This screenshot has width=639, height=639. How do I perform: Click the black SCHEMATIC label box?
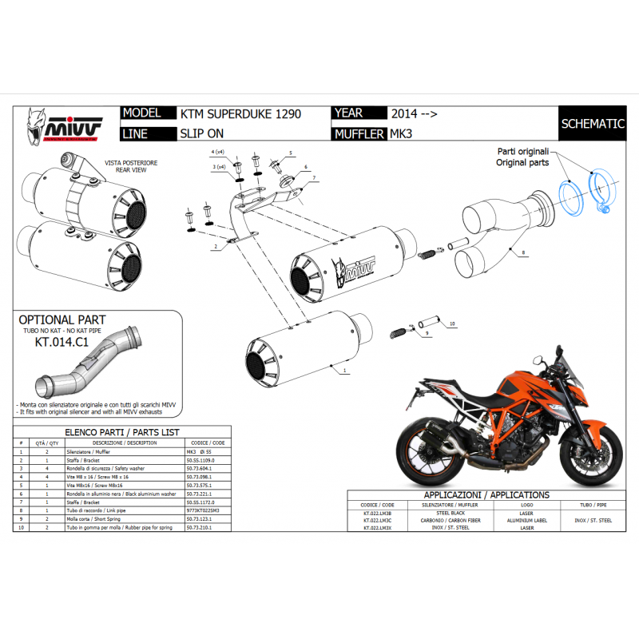click(x=592, y=124)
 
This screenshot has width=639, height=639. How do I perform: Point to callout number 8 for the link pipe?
click(x=523, y=252)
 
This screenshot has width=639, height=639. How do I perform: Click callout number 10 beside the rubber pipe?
click(x=451, y=323)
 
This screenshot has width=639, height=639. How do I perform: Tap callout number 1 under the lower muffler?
click(x=344, y=371)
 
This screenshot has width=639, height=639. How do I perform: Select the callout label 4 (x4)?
click(x=218, y=151)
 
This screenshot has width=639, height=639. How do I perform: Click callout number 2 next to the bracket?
click(x=215, y=248)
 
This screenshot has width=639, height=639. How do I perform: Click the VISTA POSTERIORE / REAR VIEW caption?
click(x=131, y=165)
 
